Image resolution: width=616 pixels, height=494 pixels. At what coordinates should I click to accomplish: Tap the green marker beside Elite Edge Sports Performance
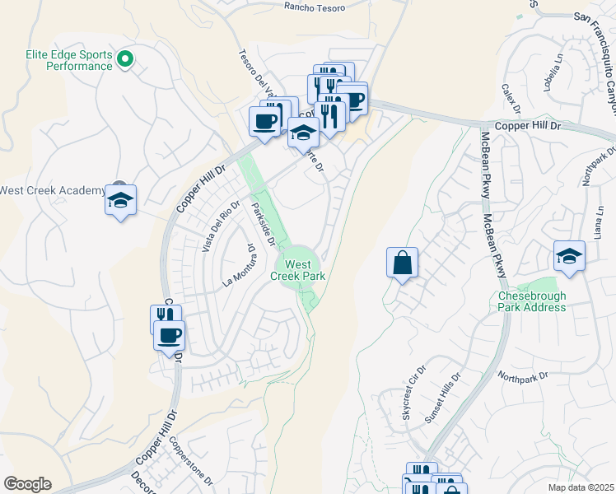pos(125,58)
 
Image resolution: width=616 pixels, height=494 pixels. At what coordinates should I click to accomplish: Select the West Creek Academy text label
pos(52,190)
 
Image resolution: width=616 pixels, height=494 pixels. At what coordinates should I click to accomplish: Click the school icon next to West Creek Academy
pos(121,200)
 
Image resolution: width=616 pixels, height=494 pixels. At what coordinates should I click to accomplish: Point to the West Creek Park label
pos(298,270)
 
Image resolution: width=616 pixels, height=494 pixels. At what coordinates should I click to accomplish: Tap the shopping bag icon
pos(402,264)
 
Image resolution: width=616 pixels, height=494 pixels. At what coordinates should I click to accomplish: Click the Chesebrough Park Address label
pos(532,301)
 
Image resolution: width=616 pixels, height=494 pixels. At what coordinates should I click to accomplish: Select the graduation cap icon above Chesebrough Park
pos(569,256)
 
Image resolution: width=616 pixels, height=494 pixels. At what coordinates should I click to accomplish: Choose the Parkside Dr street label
pos(262,223)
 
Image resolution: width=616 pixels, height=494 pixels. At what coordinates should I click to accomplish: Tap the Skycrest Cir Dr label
pos(415,393)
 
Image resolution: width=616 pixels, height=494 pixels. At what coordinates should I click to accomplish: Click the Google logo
pos(27,484)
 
